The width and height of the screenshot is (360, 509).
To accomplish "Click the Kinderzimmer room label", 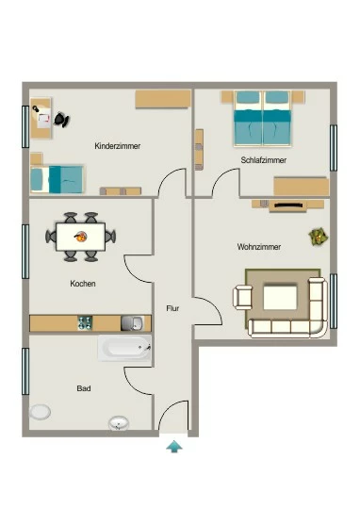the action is [x=118, y=146].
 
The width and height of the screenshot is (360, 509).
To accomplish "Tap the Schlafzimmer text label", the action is [x=264, y=160].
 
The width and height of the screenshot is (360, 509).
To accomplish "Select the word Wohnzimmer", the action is [x=259, y=247].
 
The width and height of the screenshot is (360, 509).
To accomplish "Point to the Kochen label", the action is [x=83, y=284].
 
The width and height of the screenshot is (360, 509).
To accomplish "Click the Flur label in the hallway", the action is [x=172, y=308].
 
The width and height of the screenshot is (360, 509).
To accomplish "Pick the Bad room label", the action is [x=84, y=388].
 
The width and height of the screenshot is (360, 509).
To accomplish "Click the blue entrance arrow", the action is [x=174, y=447].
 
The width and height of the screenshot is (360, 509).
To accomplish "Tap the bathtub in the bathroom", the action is [x=124, y=348].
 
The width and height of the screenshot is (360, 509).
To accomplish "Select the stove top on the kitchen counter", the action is [x=85, y=323].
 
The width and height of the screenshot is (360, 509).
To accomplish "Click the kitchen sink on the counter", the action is [x=133, y=323].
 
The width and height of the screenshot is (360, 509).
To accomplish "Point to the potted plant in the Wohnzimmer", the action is [x=318, y=237].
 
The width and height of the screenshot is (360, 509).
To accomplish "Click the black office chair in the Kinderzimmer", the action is [x=61, y=120].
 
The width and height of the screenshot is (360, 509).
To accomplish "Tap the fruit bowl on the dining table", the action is [x=80, y=237].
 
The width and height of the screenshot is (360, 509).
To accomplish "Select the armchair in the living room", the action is [x=243, y=297].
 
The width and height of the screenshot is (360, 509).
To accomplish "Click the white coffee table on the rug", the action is [x=280, y=297].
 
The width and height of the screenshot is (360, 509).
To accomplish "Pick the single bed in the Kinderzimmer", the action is [x=57, y=179].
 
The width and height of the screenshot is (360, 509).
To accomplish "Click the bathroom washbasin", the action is [x=119, y=423].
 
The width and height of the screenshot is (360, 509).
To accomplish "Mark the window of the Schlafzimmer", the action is [x=334, y=148].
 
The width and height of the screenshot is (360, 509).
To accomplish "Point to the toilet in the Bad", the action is [x=40, y=412].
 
